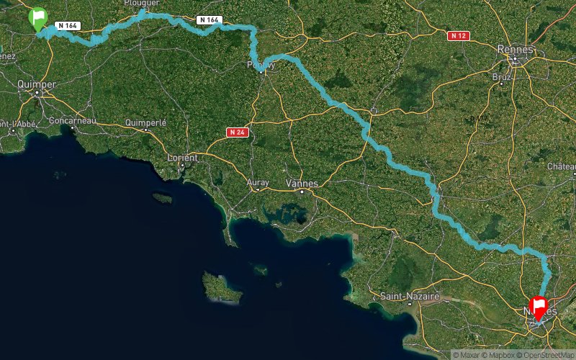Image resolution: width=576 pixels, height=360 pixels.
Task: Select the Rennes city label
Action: click(516, 49)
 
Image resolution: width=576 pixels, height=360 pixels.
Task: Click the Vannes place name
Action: click(302, 183)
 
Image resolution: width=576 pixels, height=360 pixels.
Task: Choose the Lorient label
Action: click(181, 157)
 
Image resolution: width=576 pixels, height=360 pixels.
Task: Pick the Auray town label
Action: click(258, 183)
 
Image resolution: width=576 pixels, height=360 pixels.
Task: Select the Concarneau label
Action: click(73, 120)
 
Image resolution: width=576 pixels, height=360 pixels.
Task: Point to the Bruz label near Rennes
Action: click(502, 76)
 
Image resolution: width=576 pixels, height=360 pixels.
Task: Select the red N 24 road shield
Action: click(237, 132)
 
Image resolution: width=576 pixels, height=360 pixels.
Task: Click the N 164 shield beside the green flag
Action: click(67, 26)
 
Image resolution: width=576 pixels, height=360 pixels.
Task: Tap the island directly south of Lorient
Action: click(163, 197)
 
